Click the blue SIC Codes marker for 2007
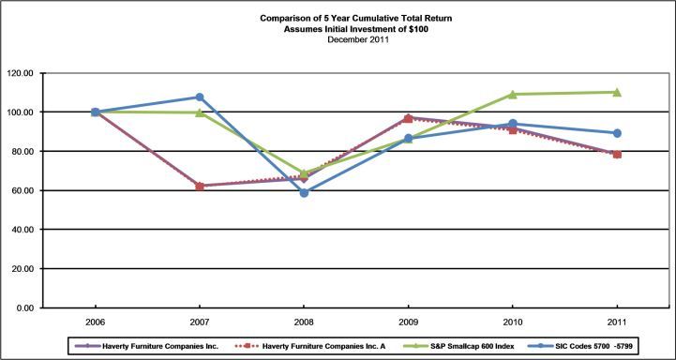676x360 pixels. [200, 97]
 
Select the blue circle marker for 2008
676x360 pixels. [304, 193]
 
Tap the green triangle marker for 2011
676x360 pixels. [617, 92]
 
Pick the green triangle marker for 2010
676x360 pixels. [513, 95]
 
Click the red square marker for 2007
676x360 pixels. [200, 187]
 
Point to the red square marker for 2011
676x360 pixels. [617, 155]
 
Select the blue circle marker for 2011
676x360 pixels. [617, 133]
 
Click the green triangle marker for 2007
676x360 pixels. [200, 112]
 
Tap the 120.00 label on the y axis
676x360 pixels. [22, 73]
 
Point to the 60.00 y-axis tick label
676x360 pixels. [23, 190]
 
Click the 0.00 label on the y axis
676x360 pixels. [25, 307]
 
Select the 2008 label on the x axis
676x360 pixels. [304, 322]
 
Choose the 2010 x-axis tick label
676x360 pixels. [513, 322]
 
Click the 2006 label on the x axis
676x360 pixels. [96, 322]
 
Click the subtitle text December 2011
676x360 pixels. [353, 40]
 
